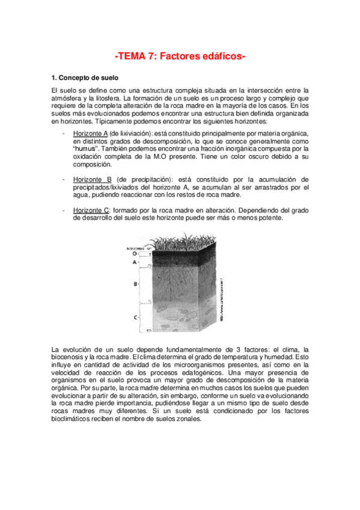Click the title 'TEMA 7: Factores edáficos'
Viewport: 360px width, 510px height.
point(180,56)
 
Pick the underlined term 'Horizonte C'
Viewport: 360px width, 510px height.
point(90,210)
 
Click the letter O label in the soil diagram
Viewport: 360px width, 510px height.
point(133,254)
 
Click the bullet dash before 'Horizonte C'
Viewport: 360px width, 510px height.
point(64,210)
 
